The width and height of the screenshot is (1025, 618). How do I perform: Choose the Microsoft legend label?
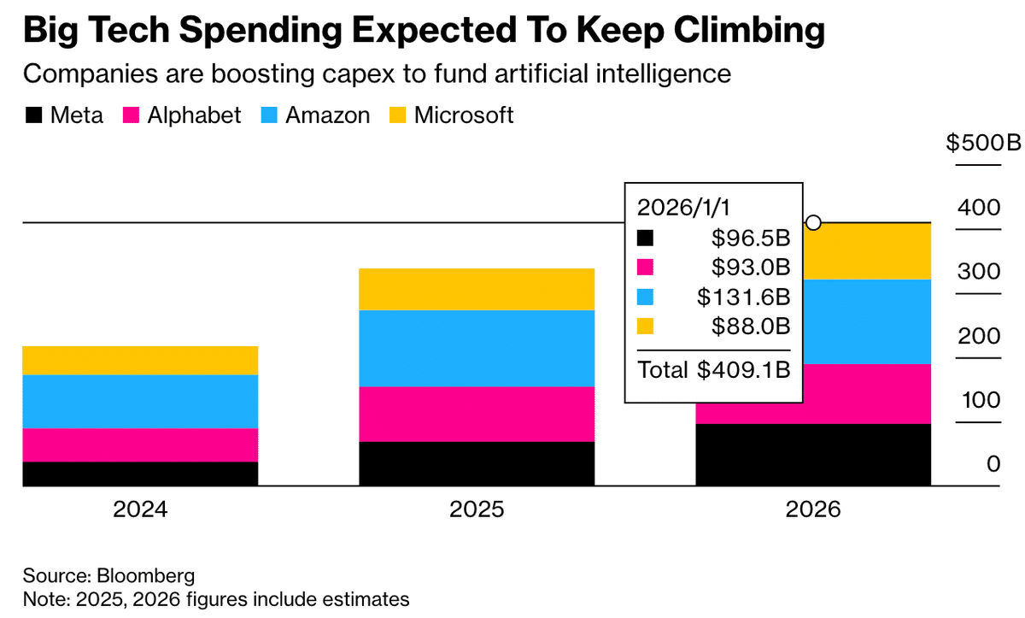tap(464, 115)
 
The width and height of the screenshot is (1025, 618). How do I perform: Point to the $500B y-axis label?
tap(983, 143)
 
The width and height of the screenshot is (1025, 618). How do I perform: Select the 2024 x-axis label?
tap(140, 510)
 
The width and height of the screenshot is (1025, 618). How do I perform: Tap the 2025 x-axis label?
tap(477, 510)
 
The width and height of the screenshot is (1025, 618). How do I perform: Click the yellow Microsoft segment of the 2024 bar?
tap(140, 360)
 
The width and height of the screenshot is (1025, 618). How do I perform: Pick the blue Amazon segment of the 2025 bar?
tap(477, 348)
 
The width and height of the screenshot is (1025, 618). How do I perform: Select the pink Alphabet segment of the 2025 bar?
tap(477, 414)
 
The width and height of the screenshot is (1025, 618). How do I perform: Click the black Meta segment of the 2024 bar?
tap(140, 474)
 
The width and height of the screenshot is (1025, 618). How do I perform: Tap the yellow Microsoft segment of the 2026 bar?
tap(867, 251)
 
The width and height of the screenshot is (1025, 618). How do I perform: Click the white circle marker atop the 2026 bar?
tap(814, 223)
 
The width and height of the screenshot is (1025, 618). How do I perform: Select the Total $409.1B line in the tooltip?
tap(714, 370)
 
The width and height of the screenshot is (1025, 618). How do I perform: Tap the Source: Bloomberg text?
tap(108, 574)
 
